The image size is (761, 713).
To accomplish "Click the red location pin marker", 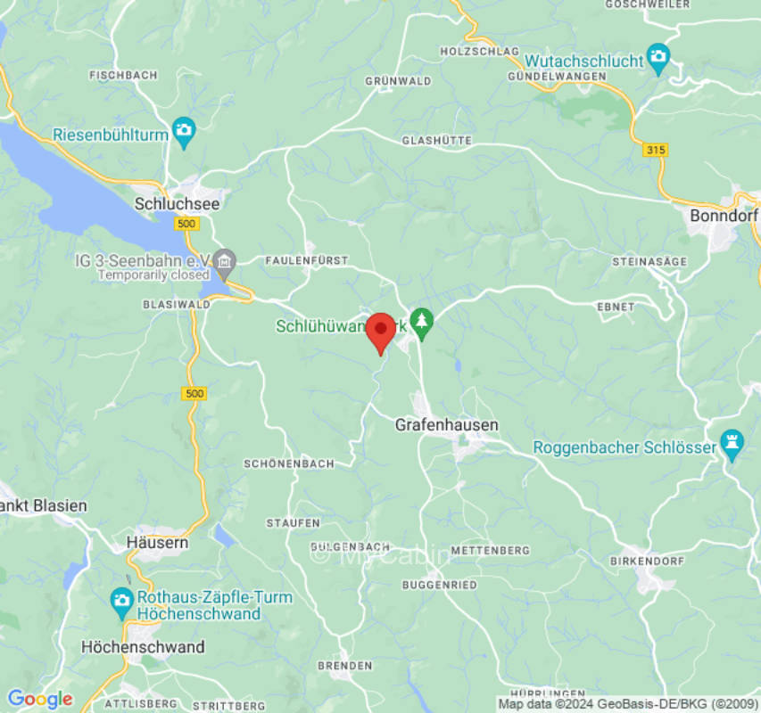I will tap(381, 332).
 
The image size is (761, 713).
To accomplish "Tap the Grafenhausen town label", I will tap(446, 426).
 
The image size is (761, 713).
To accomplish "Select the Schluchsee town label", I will tap(177, 204).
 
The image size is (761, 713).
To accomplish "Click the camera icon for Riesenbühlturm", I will tap(185, 132).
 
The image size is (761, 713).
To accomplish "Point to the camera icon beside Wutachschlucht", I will tap(658, 59).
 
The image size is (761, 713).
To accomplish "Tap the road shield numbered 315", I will tap(655, 151).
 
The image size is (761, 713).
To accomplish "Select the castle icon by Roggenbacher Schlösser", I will tap(732, 445).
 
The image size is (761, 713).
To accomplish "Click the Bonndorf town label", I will tap(724, 217).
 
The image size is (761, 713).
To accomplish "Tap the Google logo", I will tap(39, 700).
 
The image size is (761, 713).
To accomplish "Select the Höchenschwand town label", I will tap(143, 647).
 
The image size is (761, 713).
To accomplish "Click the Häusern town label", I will tap(157, 542).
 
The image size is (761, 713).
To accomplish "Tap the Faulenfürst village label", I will tap(306, 260).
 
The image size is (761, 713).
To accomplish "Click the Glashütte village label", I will tap(436, 141).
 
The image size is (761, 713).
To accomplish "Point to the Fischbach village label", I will tap(123, 75).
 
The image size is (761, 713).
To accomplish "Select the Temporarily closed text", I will tap(153, 275).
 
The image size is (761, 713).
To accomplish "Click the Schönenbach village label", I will tap(289, 464).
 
